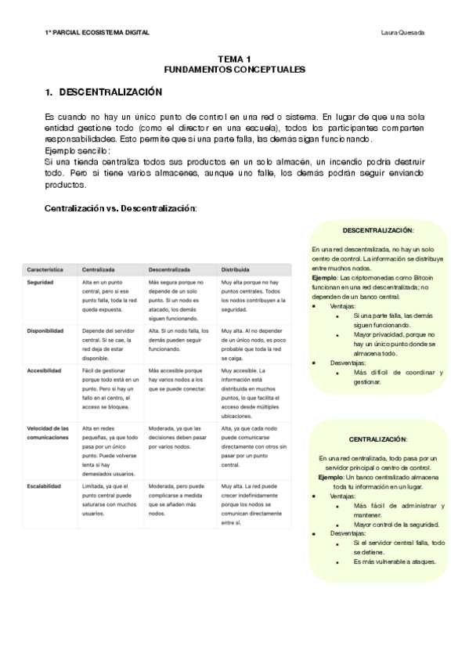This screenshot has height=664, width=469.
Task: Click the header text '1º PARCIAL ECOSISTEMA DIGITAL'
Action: tap(97, 32)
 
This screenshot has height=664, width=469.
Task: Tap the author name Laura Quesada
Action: tap(402, 32)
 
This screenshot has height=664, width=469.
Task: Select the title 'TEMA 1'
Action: tap(234, 60)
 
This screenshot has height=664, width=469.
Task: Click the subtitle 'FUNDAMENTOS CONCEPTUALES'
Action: tap(234, 69)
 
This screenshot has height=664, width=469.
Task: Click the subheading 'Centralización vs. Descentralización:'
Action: tap(121, 208)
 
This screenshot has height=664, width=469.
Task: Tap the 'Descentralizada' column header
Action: tap(169, 269)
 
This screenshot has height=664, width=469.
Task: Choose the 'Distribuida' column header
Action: tap(236, 269)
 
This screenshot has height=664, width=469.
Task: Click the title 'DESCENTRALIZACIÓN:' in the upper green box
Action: tap(378, 229)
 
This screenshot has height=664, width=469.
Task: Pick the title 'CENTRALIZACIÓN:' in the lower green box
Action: tap(378, 439)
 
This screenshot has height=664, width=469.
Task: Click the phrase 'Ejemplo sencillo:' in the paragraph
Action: tap(78, 150)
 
